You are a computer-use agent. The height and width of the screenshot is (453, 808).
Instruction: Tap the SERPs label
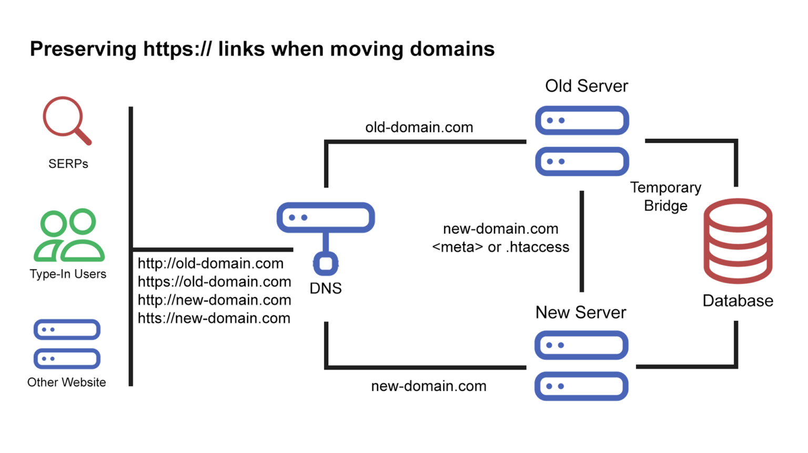[x=68, y=164]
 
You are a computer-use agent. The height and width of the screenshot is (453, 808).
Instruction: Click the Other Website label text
[x=66, y=382]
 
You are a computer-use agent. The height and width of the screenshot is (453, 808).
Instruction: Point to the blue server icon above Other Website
[x=67, y=344]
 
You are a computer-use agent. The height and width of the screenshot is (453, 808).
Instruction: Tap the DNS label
[x=326, y=288]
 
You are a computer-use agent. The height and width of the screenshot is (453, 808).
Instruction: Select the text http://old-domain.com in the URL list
[x=210, y=264]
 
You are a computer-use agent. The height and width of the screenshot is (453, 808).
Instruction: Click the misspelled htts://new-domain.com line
[x=214, y=318]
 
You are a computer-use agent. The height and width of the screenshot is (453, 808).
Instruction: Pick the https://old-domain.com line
[x=214, y=282]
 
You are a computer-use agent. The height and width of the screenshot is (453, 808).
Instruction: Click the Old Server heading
[x=586, y=86]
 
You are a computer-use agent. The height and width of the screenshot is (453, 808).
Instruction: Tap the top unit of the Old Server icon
[x=582, y=120]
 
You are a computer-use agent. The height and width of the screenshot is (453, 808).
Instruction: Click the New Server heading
[x=581, y=313]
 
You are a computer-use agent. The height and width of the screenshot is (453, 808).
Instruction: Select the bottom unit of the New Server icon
[x=581, y=386]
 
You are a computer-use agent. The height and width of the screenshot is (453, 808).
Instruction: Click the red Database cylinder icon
[x=738, y=240]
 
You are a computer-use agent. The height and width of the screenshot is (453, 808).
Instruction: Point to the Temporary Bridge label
[x=665, y=197]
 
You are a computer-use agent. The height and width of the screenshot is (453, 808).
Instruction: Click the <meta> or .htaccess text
[x=500, y=247]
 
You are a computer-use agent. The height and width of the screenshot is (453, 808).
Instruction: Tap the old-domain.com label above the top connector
[x=419, y=127]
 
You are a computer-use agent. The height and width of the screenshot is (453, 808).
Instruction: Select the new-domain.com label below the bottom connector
[x=429, y=386]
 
